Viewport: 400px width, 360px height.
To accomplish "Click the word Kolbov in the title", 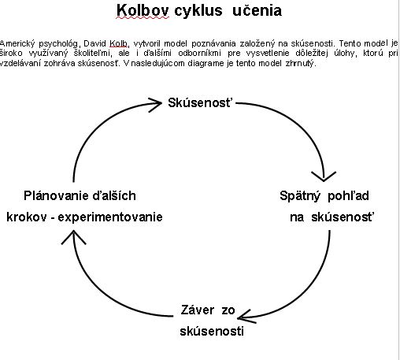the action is point(143,11).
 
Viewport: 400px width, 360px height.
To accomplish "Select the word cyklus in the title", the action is point(198,11).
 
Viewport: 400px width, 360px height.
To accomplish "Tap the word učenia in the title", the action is point(257,11).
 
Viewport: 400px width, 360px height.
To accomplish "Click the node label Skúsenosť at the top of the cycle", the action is point(200,102).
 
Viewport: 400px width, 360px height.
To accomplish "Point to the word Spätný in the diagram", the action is point(300,196).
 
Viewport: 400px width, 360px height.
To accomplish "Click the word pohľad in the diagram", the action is point(348,196).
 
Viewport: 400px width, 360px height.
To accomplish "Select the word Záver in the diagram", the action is point(198,310).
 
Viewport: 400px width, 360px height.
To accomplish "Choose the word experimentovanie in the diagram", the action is point(110,217).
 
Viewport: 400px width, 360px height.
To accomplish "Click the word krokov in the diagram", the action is point(27,217).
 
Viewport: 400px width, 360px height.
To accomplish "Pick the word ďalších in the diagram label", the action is point(114,196).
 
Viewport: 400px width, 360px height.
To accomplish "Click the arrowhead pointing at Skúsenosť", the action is point(155,105).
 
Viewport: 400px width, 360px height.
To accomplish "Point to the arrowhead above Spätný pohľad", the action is point(324,176).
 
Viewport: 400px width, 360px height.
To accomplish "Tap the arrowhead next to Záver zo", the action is point(246,316).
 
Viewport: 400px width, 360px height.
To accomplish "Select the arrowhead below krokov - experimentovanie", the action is point(73,237).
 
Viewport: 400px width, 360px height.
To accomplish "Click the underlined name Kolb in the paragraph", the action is point(118,43).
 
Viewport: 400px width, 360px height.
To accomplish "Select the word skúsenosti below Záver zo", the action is point(212,332).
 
